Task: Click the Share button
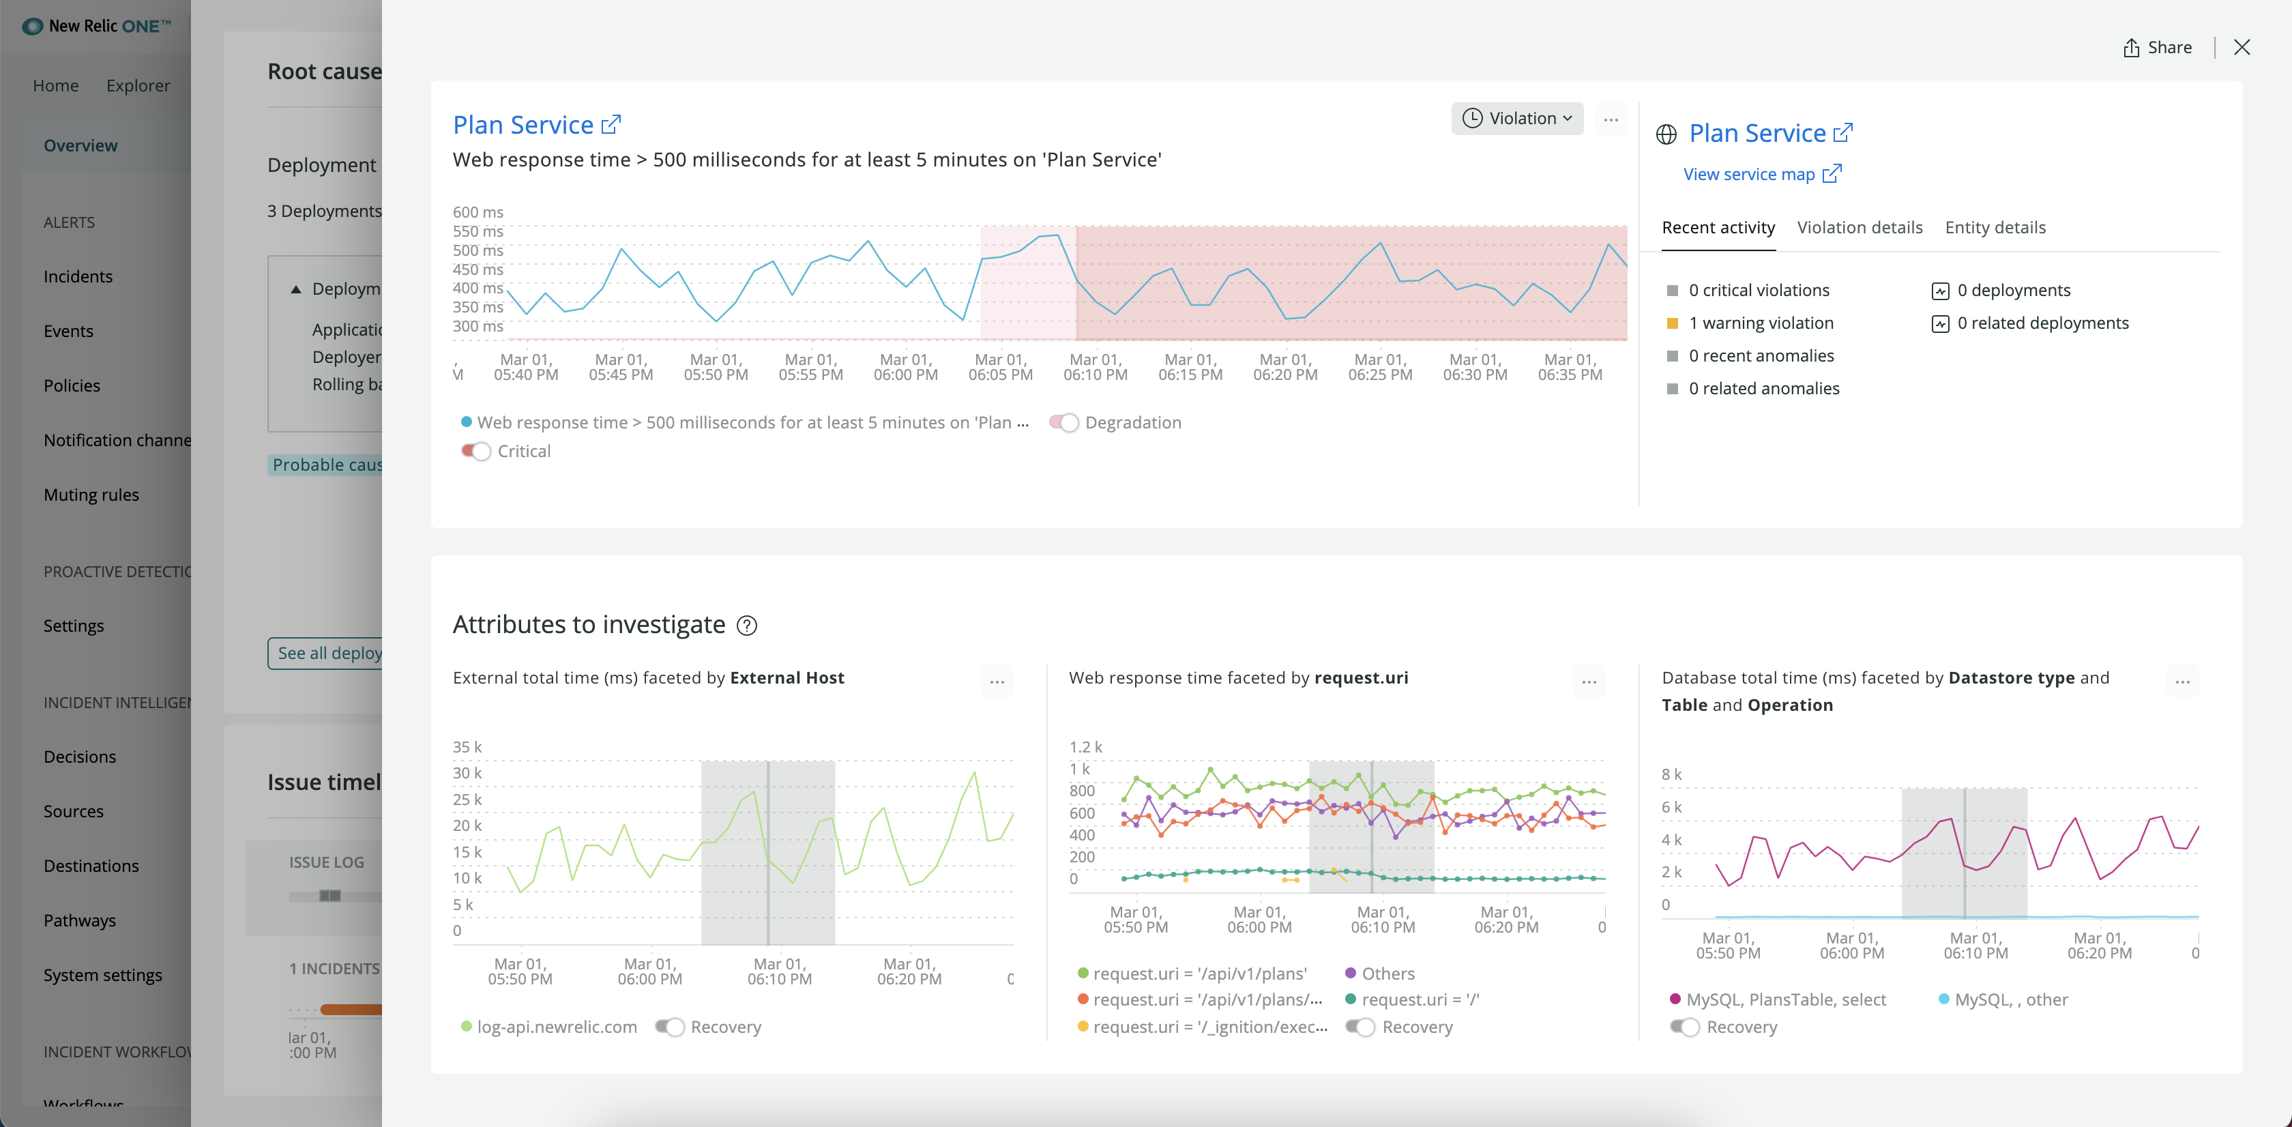pos(2157,48)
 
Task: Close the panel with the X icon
pos(2242,48)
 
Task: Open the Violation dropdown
pos(1517,118)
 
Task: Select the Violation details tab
pos(1859,228)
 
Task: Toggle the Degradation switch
pos(1064,422)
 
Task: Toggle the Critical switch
pos(476,451)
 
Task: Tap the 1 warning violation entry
pos(1760,323)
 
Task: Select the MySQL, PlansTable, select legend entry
pos(1785,1000)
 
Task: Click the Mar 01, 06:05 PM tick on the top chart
pos(1000,367)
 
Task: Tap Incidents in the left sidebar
pos(78,277)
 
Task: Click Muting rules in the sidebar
pos(91,495)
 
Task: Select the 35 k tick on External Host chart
pos(467,747)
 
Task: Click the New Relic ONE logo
pos(96,26)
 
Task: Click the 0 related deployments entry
pos(2042,323)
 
